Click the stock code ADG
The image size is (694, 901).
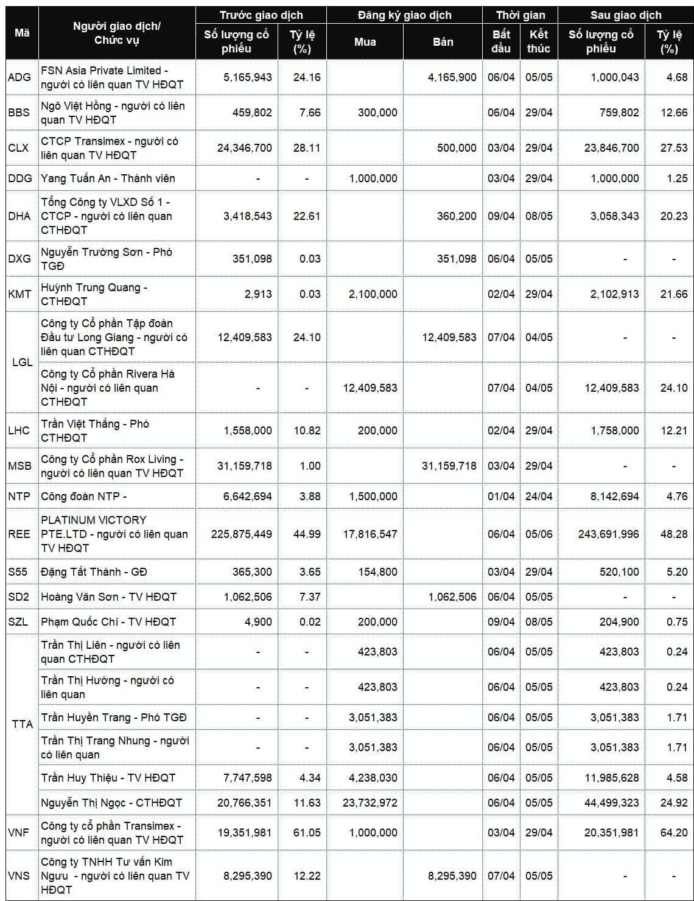click(19, 77)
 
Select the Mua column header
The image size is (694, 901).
click(365, 42)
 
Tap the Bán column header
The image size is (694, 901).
click(443, 42)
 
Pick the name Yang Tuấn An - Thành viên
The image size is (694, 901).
click(108, 178)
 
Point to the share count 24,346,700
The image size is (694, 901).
click(245, 148)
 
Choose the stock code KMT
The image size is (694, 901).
click(19, 294)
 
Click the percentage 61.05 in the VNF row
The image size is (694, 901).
click(306, 833)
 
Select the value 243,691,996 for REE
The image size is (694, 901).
click(608, 534)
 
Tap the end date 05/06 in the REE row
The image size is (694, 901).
click(539, 534)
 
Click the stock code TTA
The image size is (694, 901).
click(23, 724)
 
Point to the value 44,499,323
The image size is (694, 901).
click(611, 803)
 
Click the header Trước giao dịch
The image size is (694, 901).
click(261, 15)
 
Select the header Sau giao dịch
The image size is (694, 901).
click(625, 15)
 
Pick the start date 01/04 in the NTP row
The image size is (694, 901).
click(501, 496)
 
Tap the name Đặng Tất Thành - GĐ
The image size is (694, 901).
click(94, 572)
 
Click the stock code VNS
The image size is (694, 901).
click(19, 876)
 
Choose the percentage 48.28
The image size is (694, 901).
click(673, 534)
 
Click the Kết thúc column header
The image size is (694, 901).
click(539, 41)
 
